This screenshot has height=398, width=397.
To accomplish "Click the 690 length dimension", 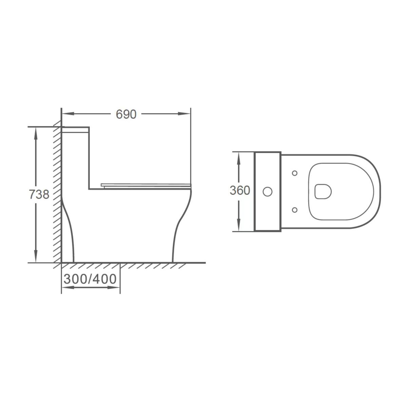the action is [126, 114].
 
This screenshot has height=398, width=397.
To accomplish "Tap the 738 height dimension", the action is [39, 195].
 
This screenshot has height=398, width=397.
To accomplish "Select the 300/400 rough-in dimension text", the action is [90, 279].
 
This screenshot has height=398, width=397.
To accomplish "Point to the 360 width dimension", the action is [240, 191].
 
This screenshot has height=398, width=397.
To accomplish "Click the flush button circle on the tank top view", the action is [268, 192].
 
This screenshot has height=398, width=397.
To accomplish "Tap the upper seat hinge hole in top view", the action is [295, 173].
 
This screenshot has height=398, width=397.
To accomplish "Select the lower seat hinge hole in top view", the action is [295, 210].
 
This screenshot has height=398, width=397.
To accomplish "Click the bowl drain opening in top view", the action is [323, 192].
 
